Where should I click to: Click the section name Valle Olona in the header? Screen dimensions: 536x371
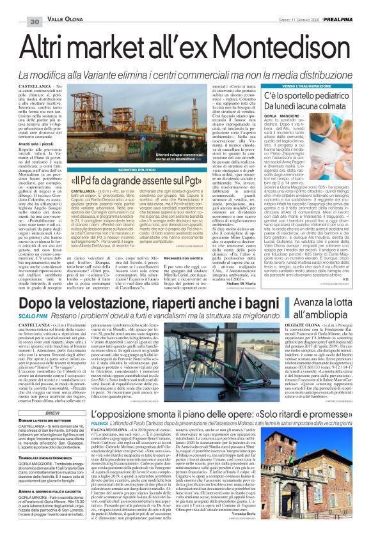coord(63,6)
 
